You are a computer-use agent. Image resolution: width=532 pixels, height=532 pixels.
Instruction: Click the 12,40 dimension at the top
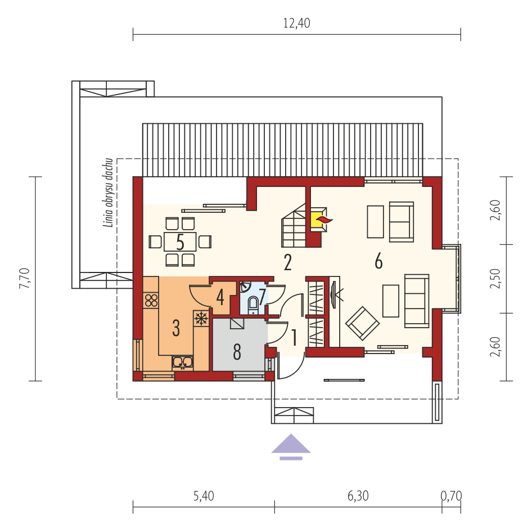pyautogui.click(x=296, y=23)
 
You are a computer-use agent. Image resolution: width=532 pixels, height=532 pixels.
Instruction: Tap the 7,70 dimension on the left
pyautogui.click(x=25, y=279)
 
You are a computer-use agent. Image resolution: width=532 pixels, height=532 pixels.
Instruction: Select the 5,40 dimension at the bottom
pyautogui.click(x=204, y=496)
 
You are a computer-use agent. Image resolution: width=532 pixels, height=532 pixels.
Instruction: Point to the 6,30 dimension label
pyautogui.click(x=358, y=496)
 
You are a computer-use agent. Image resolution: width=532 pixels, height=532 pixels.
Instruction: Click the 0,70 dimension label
pyautogui.click(x=451, y=496)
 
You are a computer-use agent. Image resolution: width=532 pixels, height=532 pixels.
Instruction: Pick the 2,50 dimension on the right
pyautogui.click(x=495, y=279)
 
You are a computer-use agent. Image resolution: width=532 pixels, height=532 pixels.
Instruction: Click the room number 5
pyautogui.click(x=180, y=242)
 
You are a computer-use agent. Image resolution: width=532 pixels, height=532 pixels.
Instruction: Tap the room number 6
pyautogui.click(x=378, y=261)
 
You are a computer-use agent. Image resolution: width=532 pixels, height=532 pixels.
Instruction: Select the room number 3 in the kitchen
pyautogui.click(x=176, y=328)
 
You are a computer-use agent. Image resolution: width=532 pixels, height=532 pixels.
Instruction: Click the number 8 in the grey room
pyautogui.click(x=237, y=353)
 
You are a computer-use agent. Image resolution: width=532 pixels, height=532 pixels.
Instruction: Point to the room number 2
pyautogui.click(x=287, y=263)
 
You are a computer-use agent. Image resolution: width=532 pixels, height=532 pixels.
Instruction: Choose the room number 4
pyautogui.click(x=220, y=297)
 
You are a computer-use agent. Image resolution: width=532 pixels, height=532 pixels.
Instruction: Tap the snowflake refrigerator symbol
pyautogui.click(x=200, y=319)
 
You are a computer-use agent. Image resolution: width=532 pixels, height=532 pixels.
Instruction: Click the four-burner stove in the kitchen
pyautogui.click(x=151, y=300)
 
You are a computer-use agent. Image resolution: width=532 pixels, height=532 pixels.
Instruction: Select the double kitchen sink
pyautogui.click(x=183, y=362)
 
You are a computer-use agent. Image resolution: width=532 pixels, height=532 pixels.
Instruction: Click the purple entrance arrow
pyautogui.click(x=291, y=445)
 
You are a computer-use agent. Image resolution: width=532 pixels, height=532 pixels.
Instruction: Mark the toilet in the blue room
pyautogui.click(x=253, y=304)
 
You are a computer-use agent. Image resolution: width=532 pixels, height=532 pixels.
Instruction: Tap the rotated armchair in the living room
pyautogui.click(x=362, y=323)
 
